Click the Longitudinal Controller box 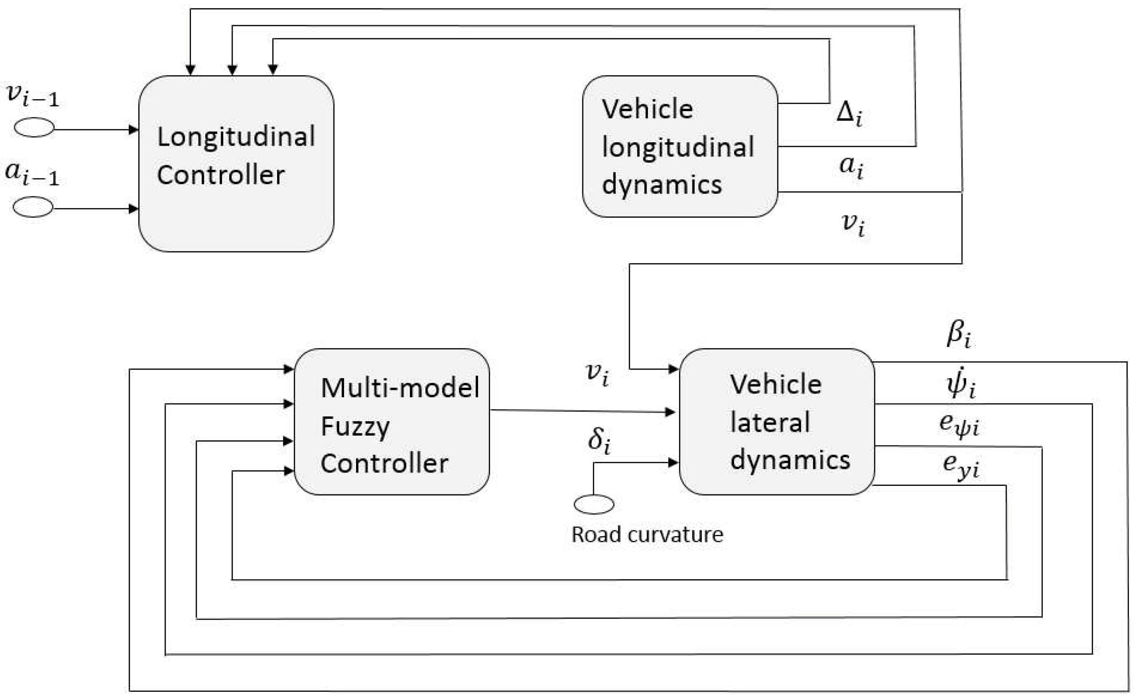236,163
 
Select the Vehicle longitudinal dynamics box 680,146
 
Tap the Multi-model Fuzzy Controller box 391,421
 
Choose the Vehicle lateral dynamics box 777,421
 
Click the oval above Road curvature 594,504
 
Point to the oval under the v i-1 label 34,128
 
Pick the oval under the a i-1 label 33,207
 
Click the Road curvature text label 647,535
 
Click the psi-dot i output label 961,385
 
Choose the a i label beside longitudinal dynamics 851,168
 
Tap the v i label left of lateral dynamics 598,374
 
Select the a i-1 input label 32,173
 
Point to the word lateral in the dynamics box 770,422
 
